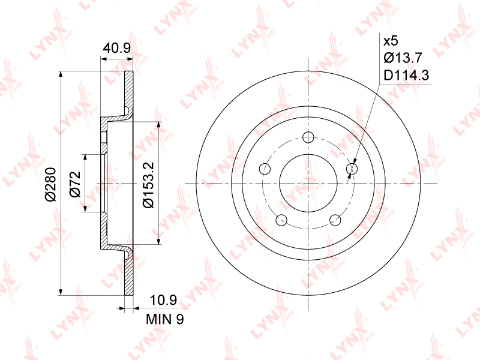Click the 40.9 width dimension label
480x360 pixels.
coord(116,48)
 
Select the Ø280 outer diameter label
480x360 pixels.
coord(51,184)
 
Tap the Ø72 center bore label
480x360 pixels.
coord(75,184)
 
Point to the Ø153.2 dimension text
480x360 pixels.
coord(148,185)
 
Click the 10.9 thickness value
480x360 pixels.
coord(163,301)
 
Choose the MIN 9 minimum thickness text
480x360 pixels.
coord(164,319)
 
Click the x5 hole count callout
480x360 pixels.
coord(391,41)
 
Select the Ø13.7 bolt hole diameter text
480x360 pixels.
coord(403,58)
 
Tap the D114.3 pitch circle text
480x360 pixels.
coord(406,75)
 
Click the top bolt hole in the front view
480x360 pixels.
coord(308,137)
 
